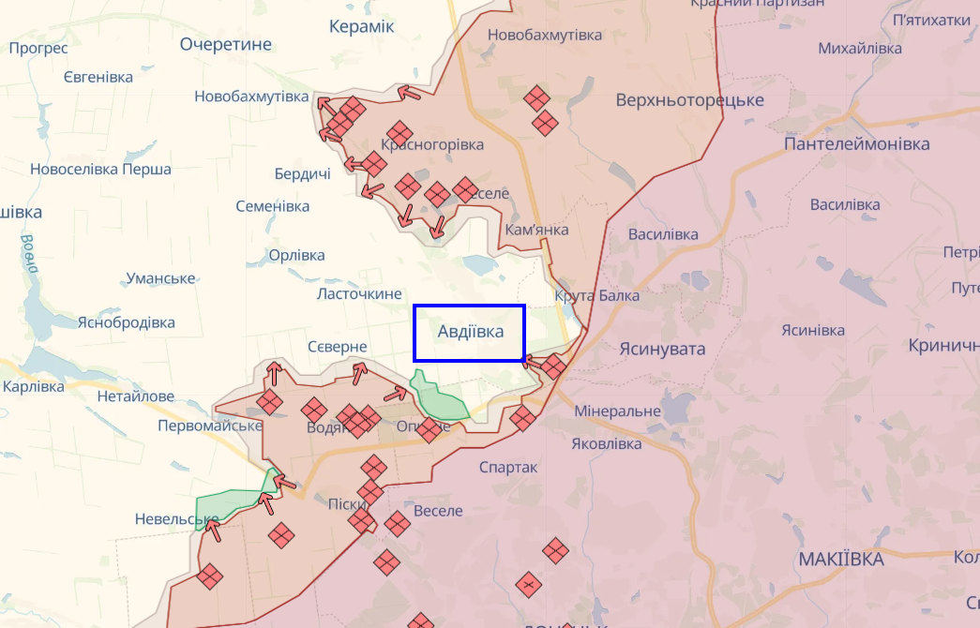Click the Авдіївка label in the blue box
[470, 332]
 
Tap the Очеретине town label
[225, 44]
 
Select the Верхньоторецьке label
[689, 100]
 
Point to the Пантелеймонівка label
[856, 144]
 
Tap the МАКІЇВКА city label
[841, 560]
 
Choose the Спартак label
[508, 467]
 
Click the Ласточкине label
[359, 294]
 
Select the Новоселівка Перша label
[100, 170]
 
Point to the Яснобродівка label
[126, 322]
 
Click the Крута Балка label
[597, 296]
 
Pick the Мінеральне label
[617, 411]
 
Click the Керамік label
[361, 26]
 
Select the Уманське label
[159, 278]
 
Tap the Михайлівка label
[860, 49]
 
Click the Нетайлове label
[135, 396]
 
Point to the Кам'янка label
[536, 230]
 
